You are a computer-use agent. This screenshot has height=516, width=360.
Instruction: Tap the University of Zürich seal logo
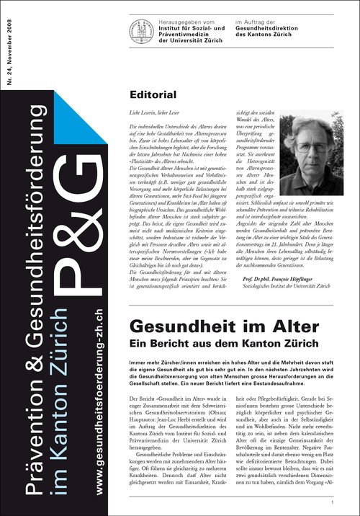(140, 30)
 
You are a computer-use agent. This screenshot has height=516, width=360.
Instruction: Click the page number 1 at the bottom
(332, 502)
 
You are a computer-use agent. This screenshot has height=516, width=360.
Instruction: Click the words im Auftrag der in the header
(257, 22)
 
